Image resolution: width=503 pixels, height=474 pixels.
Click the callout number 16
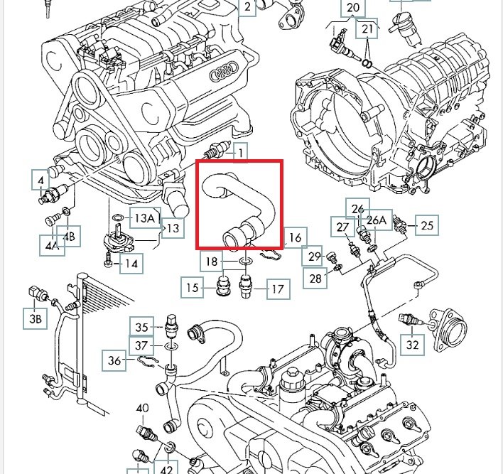coord(295,237)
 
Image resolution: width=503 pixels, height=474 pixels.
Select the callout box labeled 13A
coord(145,217)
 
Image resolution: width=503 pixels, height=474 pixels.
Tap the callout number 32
coord(413,345)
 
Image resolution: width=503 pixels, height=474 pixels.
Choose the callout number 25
coord(426,226)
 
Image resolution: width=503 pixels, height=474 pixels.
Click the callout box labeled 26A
coord(378,221)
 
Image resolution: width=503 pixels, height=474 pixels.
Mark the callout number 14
coord(130,264)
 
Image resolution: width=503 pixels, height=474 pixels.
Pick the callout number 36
coord(114,360)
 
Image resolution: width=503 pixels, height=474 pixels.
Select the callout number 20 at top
coord(352,9)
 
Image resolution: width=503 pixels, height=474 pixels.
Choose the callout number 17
coord(277,289)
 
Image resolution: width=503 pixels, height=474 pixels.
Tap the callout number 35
coord(141,327)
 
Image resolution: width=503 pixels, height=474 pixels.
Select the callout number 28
coord(315,279)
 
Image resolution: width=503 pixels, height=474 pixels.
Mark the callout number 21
coord(367,29)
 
